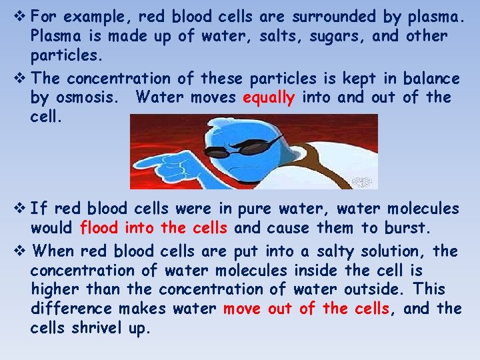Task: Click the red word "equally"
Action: point(269,98)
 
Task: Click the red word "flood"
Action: point(100,228)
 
